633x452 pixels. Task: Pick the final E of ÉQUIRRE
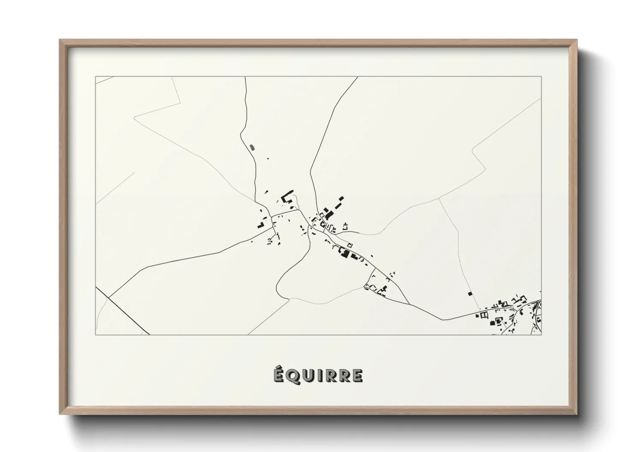pyautogui.click(x=357, y=376)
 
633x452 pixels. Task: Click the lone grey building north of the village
pyautogui.click(x=251, y=147)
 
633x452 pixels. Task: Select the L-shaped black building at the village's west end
pyautogui.click(x=260, y=225)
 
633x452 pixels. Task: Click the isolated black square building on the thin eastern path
pyautogui.click(x=470, y=294)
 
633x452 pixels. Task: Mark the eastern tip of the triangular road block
pyautogui.click(x=410, y=304)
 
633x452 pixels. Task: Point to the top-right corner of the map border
pyautogui.click(x=541, y=77)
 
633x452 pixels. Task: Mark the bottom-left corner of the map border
pyautogui.click(x=96, y=335)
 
